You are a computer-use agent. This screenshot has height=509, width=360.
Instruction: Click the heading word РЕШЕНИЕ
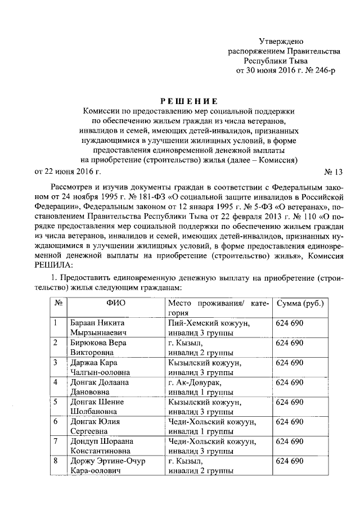pos(188,101)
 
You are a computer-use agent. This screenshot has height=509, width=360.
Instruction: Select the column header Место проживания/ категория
pos(218,308)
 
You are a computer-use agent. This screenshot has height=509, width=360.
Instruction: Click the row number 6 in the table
pos(55,421)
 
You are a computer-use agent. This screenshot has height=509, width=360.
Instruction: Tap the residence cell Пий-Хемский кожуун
pos(209,323)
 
